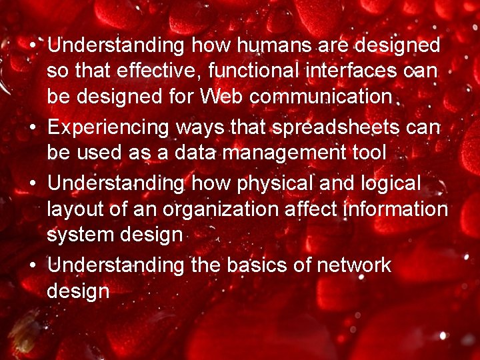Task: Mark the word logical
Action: coord(391,183)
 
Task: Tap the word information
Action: coord(398,209)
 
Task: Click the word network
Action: coord(353,265)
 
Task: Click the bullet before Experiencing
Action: coord(32,127)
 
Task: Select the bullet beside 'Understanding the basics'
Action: coord(32,265)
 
